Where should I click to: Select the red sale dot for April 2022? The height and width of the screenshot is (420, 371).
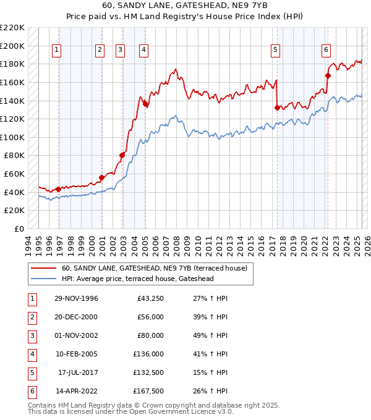pos(328,76)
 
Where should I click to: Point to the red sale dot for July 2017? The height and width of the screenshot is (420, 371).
pos(277,107)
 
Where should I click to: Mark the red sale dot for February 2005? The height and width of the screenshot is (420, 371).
pos(145,104)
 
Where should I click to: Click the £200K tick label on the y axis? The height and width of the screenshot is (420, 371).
pos(12,46)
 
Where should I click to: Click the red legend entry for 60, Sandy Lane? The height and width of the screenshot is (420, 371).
pos(155,268)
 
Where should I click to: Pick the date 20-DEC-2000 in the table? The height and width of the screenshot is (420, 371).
pos(76,317)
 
